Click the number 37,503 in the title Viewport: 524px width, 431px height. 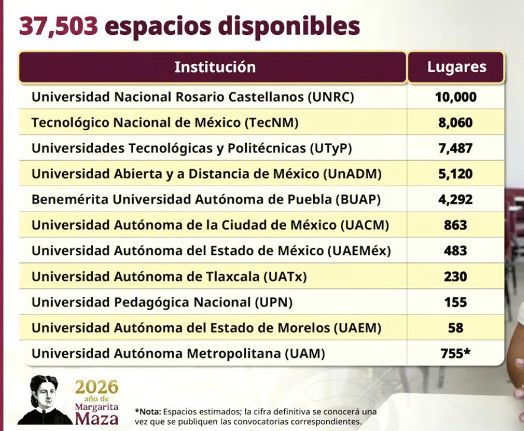click(x=59, y=27)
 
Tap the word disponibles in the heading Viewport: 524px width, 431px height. click(x=290, y=27)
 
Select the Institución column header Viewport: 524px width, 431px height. click(x=215, y=67)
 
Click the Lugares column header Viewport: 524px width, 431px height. click(x=457, y=67)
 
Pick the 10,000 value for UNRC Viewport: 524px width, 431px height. click(x=456, y=97)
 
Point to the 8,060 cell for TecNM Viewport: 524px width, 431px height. click(x=455, y=123)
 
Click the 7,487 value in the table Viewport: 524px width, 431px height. click(x=455, y=148)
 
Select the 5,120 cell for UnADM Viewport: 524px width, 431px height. click(x=455, y=174)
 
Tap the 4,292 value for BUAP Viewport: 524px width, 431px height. click(x=455, y=199)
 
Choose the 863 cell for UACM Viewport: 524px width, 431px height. click(x=455, y=225)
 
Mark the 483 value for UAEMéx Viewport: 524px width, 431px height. click(x=455, y=251)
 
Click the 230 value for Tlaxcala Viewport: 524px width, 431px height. click(x=455, y=277)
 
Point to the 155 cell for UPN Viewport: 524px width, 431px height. click(x=455, y=302)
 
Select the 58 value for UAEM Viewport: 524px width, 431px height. click(x=455, y=328)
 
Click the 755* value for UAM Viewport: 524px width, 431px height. click(x=455, y=354)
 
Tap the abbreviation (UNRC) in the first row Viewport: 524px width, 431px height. click(x=331, y=97)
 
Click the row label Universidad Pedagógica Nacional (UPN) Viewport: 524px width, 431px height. click(x=162, y=303)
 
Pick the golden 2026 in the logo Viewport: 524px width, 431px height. click(x=97, y=387)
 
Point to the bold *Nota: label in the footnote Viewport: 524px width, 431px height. click(x=147, y=411)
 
